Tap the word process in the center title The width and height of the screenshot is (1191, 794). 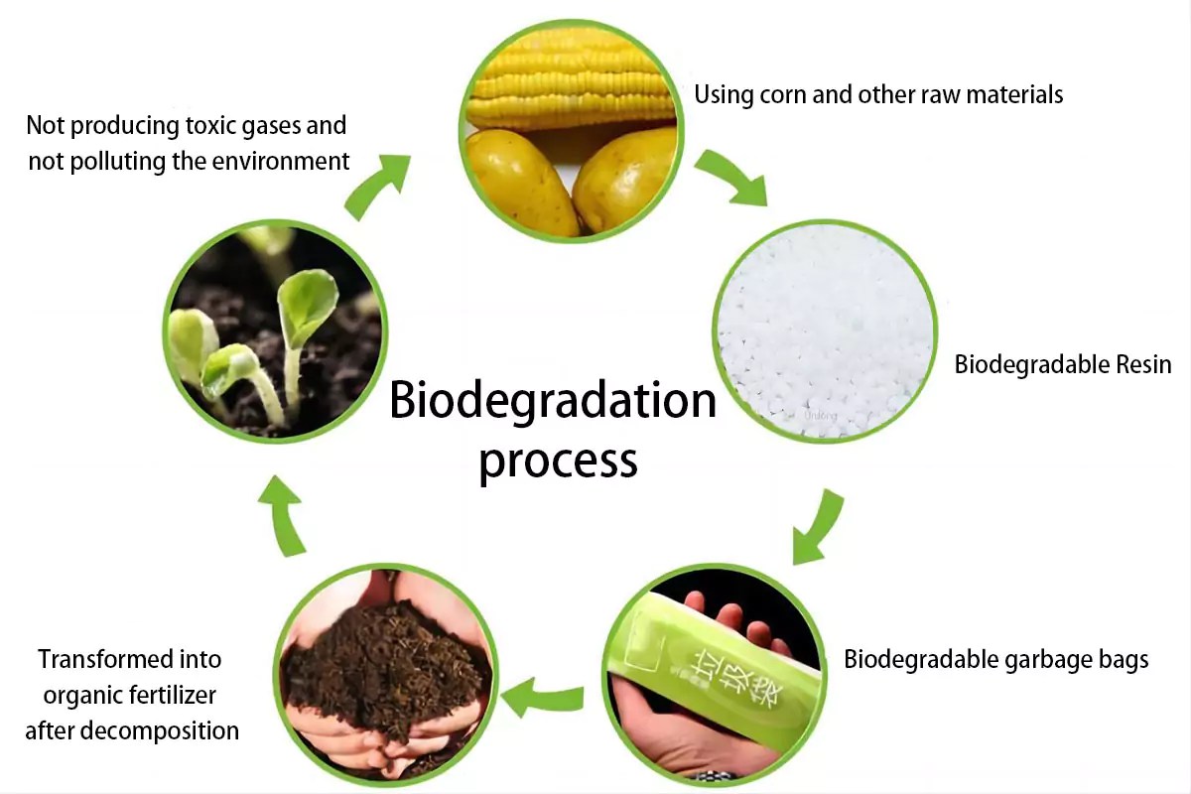pos(557,461)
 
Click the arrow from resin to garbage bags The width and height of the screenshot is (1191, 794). pos(818,527)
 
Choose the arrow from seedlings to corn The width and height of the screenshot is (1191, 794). pos(377,185)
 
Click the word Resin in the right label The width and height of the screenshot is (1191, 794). pos(1141,364)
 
